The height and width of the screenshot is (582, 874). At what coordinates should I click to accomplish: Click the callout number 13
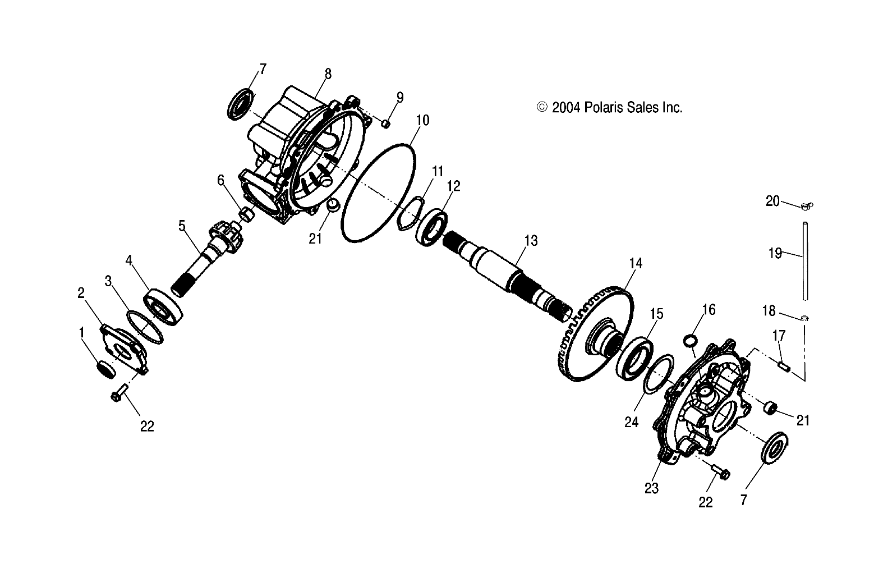[531, 241]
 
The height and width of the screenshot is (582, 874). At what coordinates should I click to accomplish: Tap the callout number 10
[422, 120]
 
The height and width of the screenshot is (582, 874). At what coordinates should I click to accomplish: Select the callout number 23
[651, 488]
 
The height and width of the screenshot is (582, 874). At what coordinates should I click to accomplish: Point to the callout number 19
[775, 254]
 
